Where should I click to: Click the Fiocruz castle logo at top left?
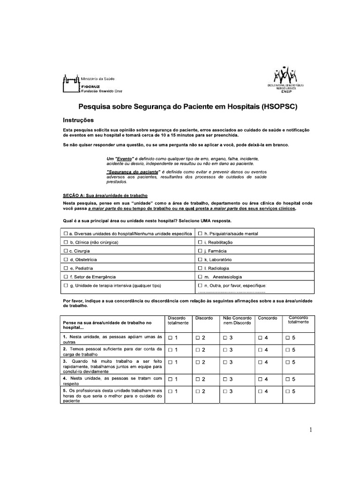[x=71, y=84]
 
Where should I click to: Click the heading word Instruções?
[x=78, y=120]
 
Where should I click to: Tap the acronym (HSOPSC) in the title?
[x=279, y=106]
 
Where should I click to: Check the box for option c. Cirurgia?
[x=66, y=251]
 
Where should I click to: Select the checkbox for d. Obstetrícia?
[x=66, y=259]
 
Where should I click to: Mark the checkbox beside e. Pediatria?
[x=66, y=268]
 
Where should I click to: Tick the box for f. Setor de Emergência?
[x=66, y=277]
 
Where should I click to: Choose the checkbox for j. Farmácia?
[x=200, y=251]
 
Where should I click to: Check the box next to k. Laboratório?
[x=200, y=259]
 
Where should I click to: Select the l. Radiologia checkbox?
[x=200, y=268]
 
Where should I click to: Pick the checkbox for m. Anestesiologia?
[x=200, y=277]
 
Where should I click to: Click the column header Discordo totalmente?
[x=178, y=321]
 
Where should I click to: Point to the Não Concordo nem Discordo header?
[x=237, y=321]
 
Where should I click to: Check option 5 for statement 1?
[x=288, y=337]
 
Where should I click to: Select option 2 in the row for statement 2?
[x=198, y=350]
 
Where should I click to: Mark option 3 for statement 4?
[x=226, y=379]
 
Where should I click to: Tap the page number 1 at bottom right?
[x=311, y=429]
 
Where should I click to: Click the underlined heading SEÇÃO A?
[x=74, y=195]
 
